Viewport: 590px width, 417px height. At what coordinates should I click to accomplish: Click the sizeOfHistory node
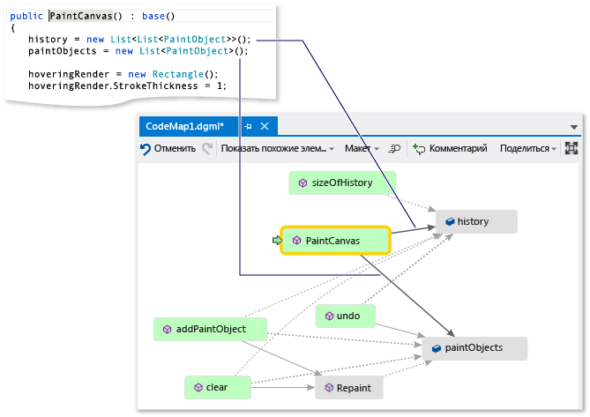point(342,183)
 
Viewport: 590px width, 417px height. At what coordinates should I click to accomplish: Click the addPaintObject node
point(210,329)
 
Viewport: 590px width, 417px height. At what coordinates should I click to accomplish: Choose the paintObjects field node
point(475,348)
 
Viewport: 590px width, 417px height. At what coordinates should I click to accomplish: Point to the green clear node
point(216,386)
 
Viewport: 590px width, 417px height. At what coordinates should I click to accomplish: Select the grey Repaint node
point(353,387)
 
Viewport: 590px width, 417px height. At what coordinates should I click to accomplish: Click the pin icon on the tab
point(248,126)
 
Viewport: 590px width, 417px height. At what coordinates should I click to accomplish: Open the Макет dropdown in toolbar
point(361,149)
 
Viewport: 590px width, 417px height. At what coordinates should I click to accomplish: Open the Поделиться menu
point(527,149)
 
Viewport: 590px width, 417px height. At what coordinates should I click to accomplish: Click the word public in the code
point(26,17)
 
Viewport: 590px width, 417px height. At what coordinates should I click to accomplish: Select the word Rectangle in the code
point(178,74)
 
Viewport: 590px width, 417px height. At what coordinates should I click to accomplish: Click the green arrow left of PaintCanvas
point(277,240)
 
